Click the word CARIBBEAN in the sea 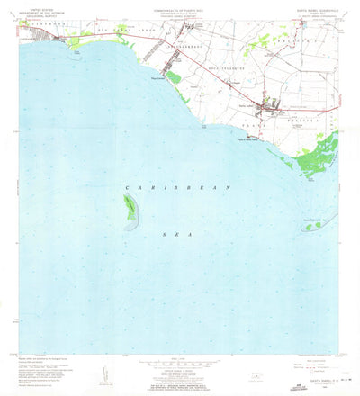179,185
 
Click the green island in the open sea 131,211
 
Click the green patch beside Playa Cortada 174,85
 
